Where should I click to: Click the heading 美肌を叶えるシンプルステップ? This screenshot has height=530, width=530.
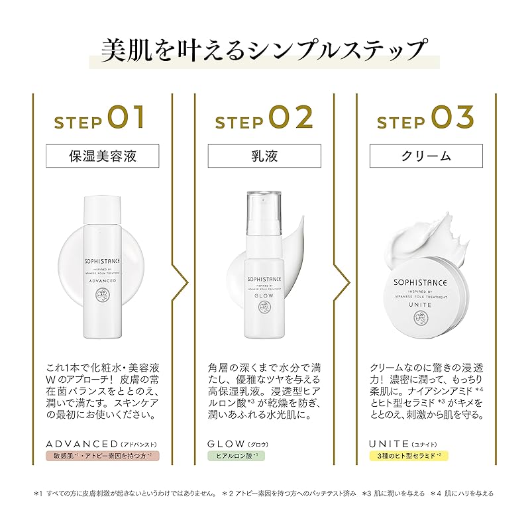coord(263,51)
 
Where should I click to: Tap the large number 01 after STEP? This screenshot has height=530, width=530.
coord(127,117)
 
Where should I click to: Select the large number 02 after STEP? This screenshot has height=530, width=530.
coord(290,117)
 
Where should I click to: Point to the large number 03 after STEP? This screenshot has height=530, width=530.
coord(452,117)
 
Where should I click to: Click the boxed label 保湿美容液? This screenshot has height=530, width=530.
coord(103,156)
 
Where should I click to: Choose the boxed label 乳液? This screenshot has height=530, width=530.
coord(264,156)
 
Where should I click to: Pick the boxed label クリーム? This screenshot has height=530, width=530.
coord(426,156)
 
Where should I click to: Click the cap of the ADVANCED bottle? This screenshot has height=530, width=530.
coord(102,209)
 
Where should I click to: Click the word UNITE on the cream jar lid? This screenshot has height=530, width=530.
coord(420,305)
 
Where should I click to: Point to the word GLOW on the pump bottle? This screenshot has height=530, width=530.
coord(264,295)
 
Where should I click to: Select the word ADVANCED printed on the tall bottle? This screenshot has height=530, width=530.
coord(103,280)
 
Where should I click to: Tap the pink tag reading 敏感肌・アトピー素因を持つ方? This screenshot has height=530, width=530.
coord(103,456)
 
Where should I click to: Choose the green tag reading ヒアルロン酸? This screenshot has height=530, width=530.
coord(237,456)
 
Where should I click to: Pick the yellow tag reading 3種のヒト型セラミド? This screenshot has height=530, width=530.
coord(409,456)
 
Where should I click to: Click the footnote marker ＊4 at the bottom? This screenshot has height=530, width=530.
coord(436,494)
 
